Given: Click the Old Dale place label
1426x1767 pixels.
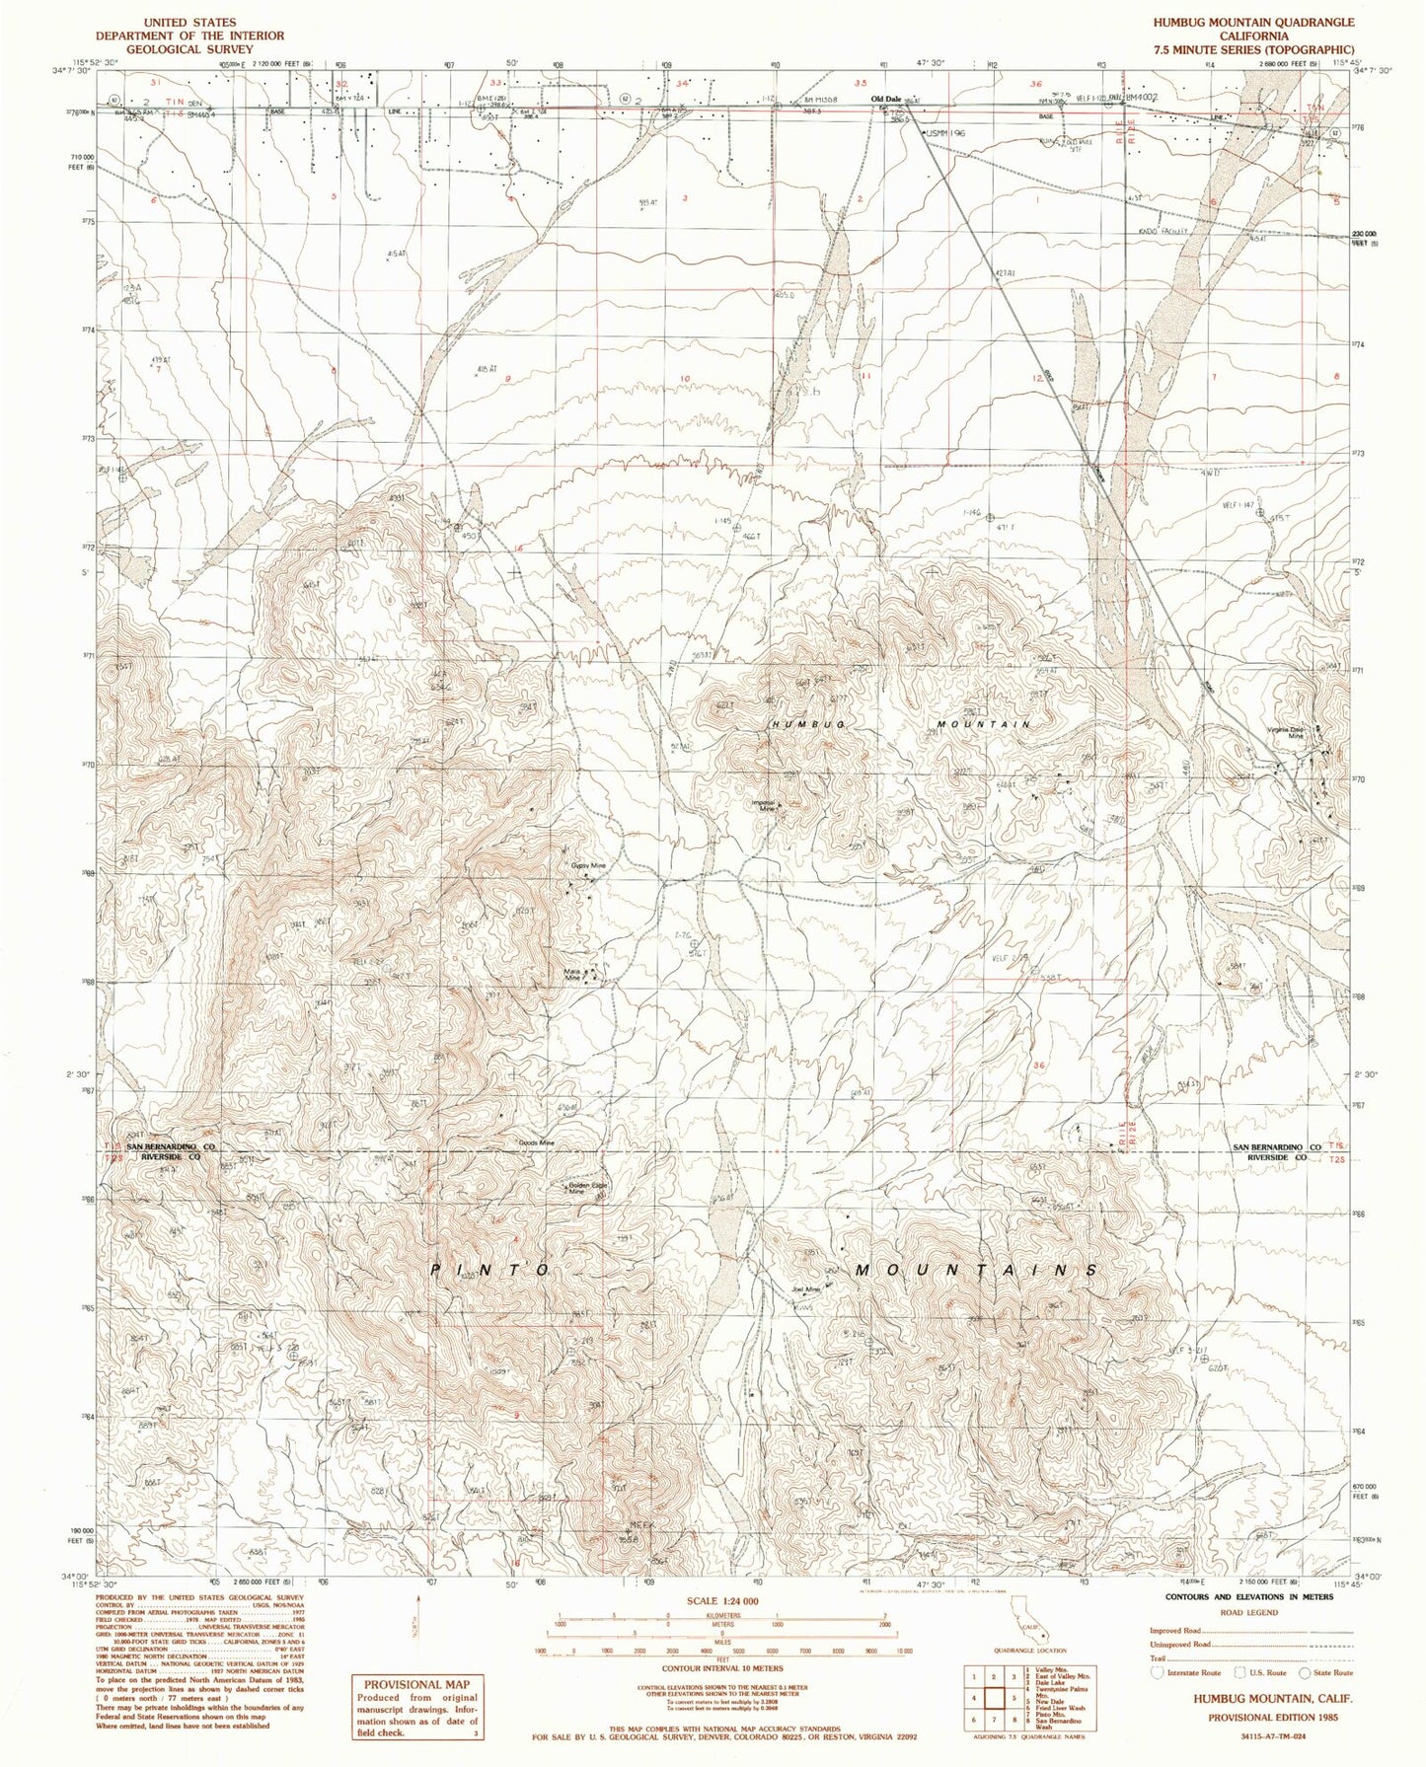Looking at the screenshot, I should [x=884, y=99].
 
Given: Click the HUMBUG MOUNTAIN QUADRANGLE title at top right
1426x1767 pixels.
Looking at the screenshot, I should [x=1262, y=22].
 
